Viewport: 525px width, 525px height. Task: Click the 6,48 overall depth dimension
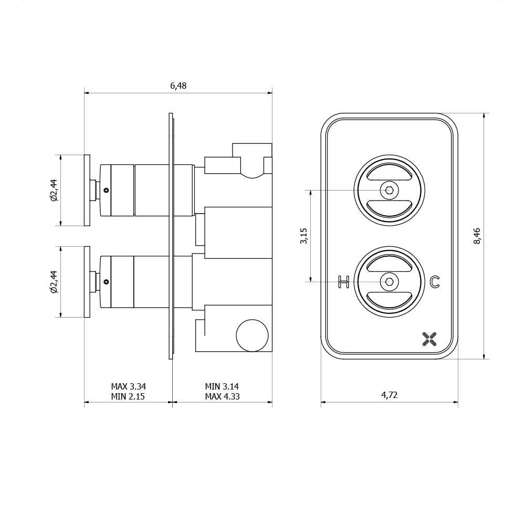(x=178, y=86)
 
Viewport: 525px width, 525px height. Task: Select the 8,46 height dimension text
(x=477, y=236)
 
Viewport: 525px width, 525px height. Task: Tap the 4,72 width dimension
(x=389, y=395)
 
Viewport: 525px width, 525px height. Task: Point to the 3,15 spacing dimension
(x=304, y=236)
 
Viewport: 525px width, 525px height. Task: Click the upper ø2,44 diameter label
(x=54, y=190)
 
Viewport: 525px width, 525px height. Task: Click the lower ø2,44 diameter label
(x=54, y=281)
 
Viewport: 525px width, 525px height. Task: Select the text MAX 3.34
(x=128, y=387)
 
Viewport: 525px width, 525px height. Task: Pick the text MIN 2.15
(x=128, y=397)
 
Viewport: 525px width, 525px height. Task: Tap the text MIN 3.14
(x=222, y=387)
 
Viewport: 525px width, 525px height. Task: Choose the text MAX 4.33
(x=222, y=397)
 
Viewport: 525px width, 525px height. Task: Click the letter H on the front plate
(x=344, y=282)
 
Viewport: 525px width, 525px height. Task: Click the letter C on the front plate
(x=434, y=282)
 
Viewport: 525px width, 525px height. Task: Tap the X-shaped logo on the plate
(x=429, y=339)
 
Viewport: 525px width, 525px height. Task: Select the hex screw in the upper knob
(x=389, y=190)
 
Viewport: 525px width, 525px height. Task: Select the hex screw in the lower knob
(x=389, y=282)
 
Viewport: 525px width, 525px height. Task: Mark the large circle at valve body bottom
(x=252, y=335)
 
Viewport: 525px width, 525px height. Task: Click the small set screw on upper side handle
(x=106, y=190)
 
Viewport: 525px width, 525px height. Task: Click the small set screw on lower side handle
(x=106, y=282)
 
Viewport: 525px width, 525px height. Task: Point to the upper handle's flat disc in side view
(x=87, y=190)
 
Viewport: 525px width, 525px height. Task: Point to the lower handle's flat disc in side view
(x=87, y=282)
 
